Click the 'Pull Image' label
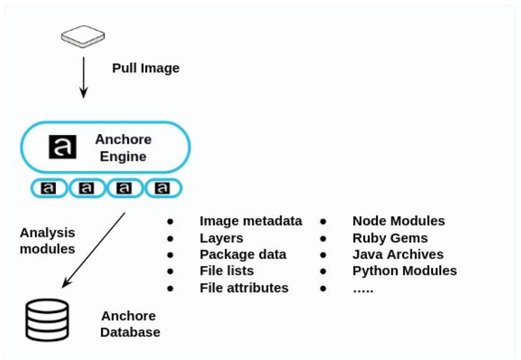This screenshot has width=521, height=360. pos(146,68)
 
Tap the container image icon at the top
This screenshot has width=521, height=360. pos(83,36)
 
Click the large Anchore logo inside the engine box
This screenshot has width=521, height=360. pos(63,147)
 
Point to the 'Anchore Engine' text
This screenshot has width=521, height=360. pos(123,148)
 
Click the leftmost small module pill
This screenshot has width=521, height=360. pos(49,188)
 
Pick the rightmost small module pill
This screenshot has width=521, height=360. pos(163,188)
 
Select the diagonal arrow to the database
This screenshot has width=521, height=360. pos(94,250)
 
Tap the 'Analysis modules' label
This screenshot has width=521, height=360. pos(47,240)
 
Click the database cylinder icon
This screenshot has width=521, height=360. pos(47,320)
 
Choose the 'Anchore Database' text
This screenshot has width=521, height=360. pos(130,324)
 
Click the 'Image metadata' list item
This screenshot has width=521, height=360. pos(251,221)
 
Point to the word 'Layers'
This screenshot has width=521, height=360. pos(221,238)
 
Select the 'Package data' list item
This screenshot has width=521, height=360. pos(243,254)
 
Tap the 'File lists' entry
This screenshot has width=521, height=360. pos(227,271)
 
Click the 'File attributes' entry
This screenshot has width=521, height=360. pos(244,288)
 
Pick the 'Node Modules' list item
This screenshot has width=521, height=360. pos(398,221)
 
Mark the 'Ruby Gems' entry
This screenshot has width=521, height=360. pos(390,238)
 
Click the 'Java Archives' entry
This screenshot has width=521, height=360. pos(398,254)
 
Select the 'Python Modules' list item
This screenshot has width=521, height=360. pos(404,271)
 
